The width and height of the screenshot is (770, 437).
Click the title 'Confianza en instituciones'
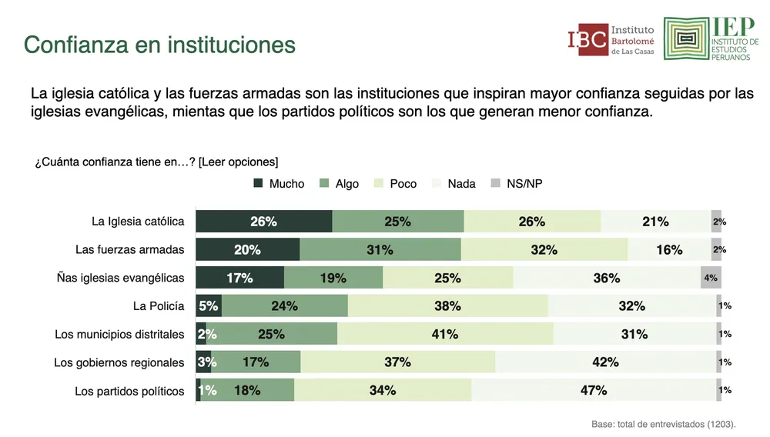click(x=159, y=45)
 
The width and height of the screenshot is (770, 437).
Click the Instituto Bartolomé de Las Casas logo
click(x=610, y=39)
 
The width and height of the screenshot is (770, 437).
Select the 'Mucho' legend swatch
click(x=258, y=184)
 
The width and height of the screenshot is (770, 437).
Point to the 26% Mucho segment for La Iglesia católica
click(x=263, y=222)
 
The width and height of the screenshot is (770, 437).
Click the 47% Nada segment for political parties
click(x=594, y=390)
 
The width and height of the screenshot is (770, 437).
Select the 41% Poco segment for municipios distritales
click(x=445, y=334)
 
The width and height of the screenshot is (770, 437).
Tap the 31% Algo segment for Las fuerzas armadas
click(x=380, y=249)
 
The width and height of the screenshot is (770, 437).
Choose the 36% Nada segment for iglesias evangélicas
click(x=607, y=278)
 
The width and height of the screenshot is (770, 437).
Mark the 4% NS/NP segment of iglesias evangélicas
click(x=711, y=278)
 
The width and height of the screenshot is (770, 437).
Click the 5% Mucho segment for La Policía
click(x=208, y=305)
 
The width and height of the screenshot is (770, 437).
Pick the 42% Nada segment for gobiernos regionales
click(x=605, y=362)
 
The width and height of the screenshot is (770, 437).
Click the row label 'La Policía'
click(x=159, y=306)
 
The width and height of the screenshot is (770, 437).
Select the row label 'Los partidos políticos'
click(x=129, y=391)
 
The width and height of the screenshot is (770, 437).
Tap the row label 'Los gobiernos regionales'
click(x=119, y=362)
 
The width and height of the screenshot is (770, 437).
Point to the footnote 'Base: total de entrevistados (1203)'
click(x=658, y=423)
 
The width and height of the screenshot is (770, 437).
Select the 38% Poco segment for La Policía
click(x=447, y=305)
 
